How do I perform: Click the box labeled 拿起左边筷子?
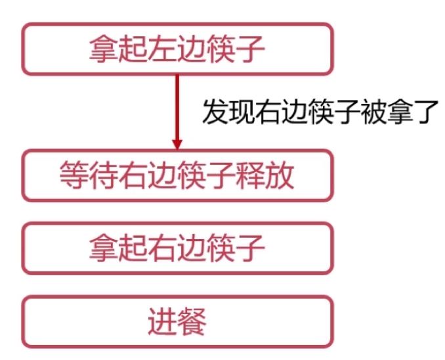tap(177, 49)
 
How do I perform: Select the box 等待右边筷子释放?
tap(177, 175)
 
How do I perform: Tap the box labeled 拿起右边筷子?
tap(177, 248)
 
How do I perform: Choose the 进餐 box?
tap(177, 321)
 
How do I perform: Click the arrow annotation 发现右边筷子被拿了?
tap(318, 112)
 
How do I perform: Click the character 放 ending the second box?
tap(280, 175)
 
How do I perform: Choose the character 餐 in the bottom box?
tap(192, 322)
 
